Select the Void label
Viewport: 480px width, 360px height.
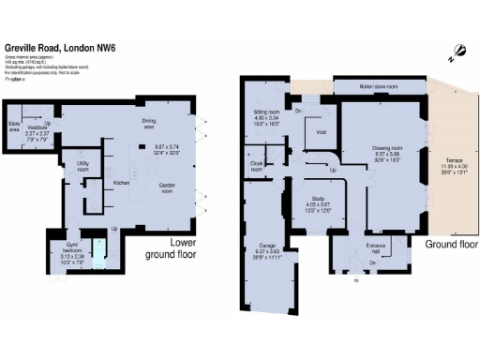[322, 132]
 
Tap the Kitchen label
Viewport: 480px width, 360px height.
[120, 182]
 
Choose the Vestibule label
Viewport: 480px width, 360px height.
[37, 127]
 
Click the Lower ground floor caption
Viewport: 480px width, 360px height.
[170, 248]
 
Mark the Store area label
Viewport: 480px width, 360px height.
[14, 127]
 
